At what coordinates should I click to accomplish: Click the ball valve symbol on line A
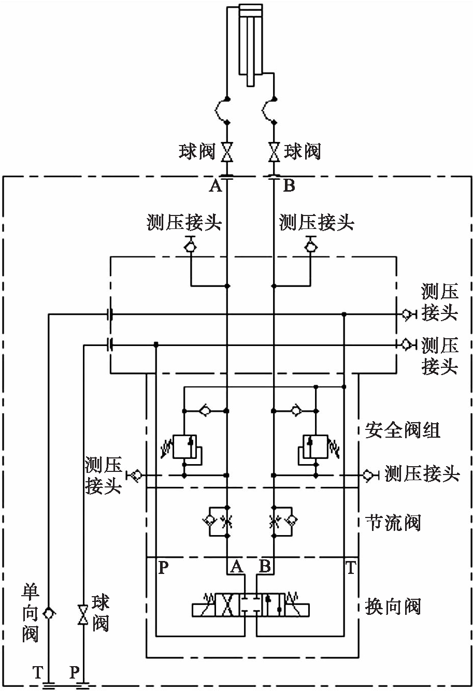(227, 152)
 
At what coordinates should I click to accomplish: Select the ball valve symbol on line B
(274, 152)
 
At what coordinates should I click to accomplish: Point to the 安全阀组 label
(403, 430)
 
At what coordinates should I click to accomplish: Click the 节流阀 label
(393, 522)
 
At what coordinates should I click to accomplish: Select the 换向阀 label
(393, 606)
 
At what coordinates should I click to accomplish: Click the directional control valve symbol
(251, 606)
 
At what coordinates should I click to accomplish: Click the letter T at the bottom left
(37, 672)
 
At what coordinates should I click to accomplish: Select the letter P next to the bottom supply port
(75, 672)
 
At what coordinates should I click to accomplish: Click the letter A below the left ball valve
(215, 186)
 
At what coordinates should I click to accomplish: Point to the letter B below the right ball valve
(289, 186)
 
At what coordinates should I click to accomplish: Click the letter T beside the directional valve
(351, 568)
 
